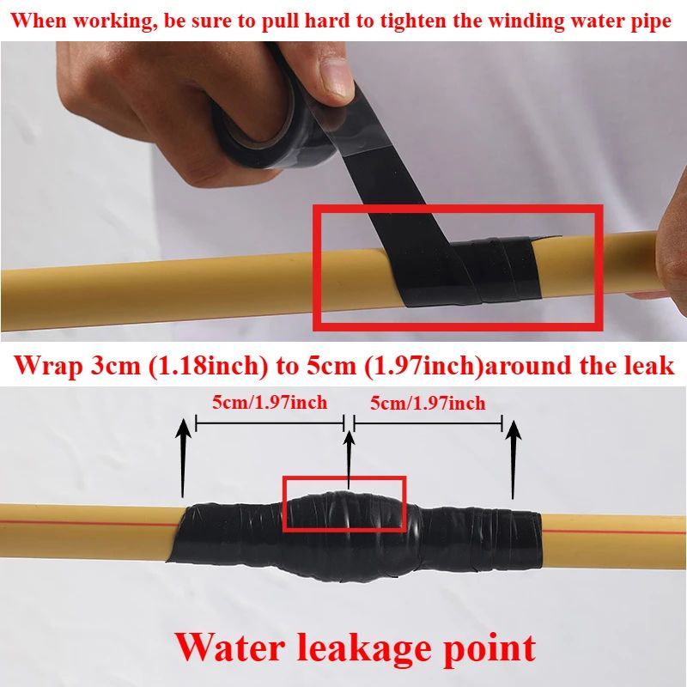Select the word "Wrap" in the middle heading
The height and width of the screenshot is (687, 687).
click(50, 365)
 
